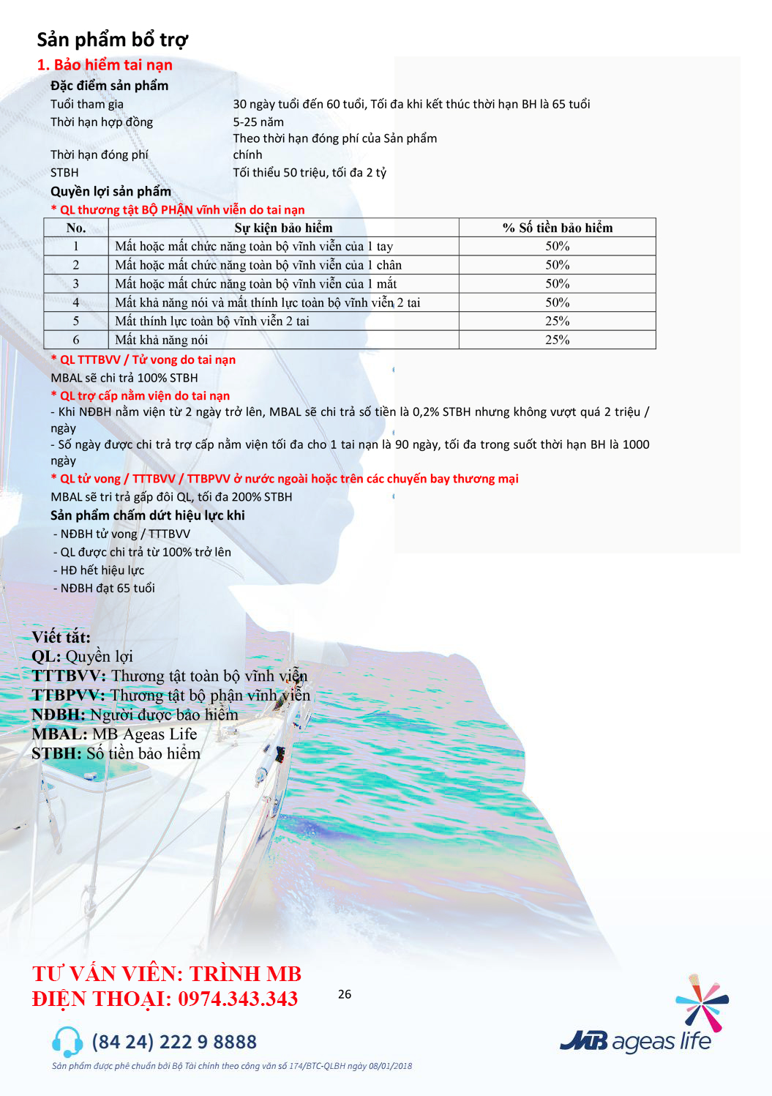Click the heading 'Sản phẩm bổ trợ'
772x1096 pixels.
point(112,40)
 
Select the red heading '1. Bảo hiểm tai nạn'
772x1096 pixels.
point(105,65)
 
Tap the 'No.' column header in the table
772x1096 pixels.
point(76,228)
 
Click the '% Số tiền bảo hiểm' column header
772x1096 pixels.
point(557,228)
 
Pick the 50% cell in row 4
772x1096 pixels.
point(557,302)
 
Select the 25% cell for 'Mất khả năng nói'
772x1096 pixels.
point(557,340)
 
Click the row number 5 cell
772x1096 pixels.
point(76,321)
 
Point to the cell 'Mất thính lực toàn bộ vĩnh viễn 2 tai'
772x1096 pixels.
point(212,321)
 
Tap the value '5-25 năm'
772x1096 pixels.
point(258,122)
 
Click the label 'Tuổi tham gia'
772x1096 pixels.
point(87,104)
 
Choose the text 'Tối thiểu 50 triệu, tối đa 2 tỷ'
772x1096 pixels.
point(310,173)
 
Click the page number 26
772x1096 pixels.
point(345,994)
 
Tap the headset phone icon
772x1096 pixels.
point(67,1041)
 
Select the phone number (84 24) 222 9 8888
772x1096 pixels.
point(174,1042)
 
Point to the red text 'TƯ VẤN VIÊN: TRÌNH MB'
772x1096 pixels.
point(167,974)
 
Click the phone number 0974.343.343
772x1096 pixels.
point(238,999)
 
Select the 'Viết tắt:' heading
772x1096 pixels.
point(61,637)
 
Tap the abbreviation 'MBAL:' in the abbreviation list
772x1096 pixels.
point(59,734)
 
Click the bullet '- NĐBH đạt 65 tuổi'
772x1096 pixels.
point(104,588)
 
